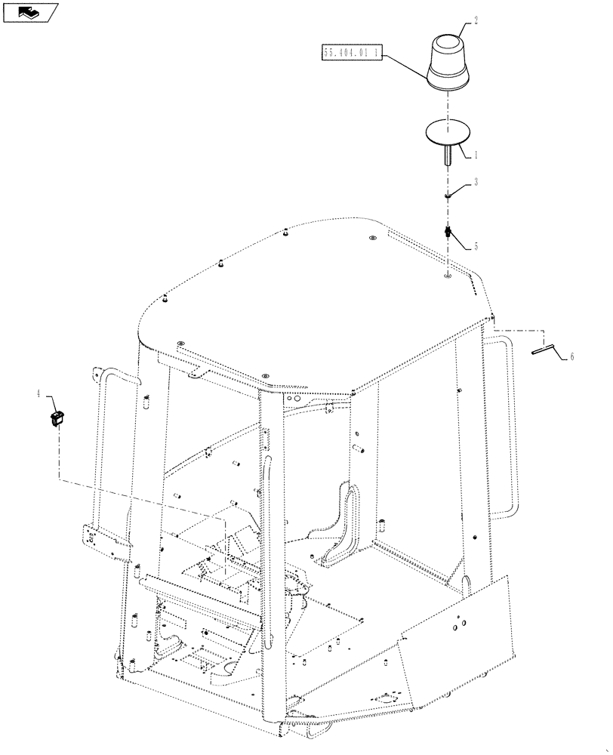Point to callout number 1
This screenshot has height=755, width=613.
click(476, 155)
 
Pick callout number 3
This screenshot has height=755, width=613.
click(476, 182)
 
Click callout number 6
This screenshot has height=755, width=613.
click(571, 356)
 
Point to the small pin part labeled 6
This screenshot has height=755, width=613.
click(543, 349)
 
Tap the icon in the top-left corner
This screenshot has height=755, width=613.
click(29, 11)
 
